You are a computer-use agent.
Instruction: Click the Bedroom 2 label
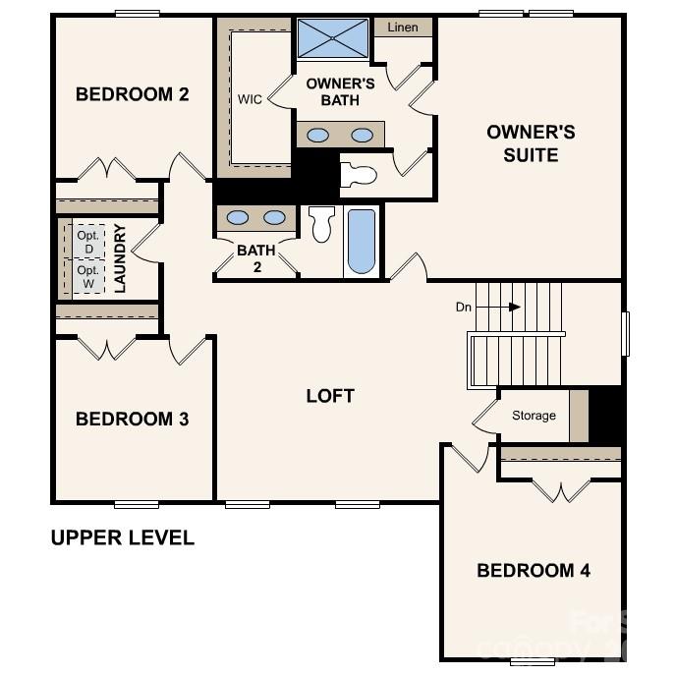coord(133,94)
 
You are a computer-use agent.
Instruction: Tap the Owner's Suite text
coord(531,143)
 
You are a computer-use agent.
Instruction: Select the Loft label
coord(330,396)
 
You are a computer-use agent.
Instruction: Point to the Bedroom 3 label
coord(133,420)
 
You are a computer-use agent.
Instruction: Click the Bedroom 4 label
coord(534,571)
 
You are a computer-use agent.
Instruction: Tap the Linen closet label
coord(403,28)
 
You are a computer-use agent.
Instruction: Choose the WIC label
coord(250,99)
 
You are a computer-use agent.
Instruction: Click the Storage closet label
coord(534,416)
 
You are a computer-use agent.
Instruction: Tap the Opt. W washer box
coord(88,277)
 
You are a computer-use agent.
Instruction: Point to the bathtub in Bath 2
coord(362,242)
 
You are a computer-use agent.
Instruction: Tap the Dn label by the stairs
coord(464,307)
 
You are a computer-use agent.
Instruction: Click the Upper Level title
coord(122,538)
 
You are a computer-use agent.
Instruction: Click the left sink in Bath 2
coord(239,217)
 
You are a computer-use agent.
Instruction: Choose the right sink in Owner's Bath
coord(363,135)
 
